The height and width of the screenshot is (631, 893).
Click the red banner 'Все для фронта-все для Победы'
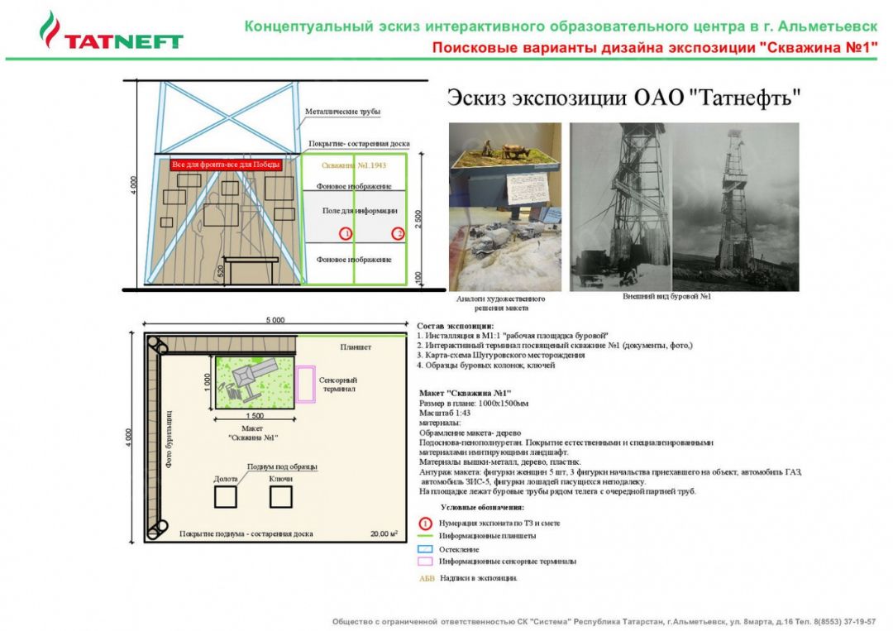tap(226, 165)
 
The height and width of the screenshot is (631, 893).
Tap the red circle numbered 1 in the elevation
tap(346, 234)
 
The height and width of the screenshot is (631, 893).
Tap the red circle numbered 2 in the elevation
tap(398, 234)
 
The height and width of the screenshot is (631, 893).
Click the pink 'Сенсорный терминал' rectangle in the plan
tap(306, 385)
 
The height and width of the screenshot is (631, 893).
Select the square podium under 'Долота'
tap(225, 496)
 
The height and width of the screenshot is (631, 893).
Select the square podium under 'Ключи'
tap(281, 496)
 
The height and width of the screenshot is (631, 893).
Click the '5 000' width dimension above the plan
tap(275, 320)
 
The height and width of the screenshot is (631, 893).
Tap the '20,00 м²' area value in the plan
tap(384, 533)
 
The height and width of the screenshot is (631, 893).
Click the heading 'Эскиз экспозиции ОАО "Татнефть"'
tap(625, 98)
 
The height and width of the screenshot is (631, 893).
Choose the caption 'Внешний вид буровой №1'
tap(666, 296)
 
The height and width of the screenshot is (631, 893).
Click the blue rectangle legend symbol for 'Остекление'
tap(425, 548)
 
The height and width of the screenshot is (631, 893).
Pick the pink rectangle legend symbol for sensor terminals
tap(425, 561)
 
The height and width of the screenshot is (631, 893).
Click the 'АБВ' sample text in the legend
tap(427, 578)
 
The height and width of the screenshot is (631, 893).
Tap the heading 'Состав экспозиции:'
tap(456, 326)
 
